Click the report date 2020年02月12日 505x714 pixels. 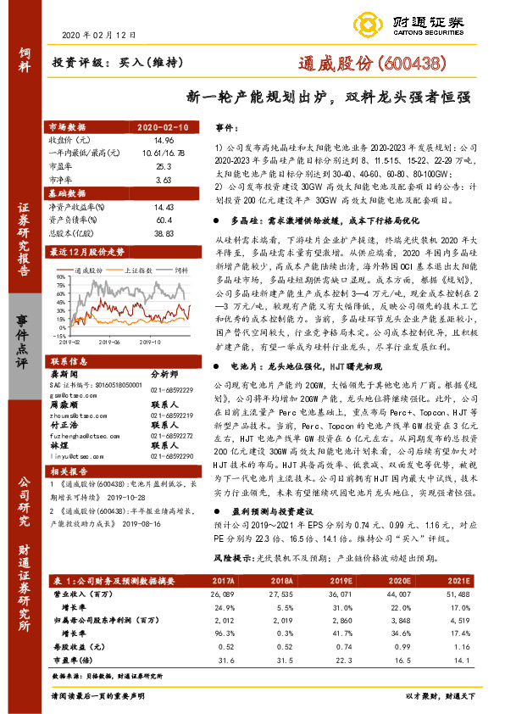click(x=100, y=35)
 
